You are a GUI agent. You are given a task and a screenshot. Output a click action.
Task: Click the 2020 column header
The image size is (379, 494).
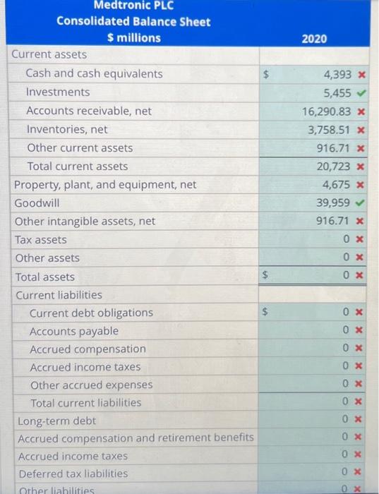[314, 38]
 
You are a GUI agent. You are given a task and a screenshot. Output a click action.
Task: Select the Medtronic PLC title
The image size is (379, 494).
[133, 6]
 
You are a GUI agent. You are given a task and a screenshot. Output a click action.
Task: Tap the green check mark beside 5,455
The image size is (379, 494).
[361, 92]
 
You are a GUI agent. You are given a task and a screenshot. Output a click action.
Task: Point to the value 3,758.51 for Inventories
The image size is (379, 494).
[330, 129]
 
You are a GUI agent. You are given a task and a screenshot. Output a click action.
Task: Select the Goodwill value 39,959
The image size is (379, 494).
[335, 203]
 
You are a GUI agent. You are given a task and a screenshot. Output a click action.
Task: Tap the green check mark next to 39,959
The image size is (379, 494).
[361, 203]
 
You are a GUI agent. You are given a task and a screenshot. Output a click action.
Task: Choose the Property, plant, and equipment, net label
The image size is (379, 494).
[106, 185]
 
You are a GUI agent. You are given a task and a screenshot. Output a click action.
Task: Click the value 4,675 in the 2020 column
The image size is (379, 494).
[338, 185]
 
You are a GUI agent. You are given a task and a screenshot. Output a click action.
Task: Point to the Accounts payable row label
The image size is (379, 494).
[74, 331]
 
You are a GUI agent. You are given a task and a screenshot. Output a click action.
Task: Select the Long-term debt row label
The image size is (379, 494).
[56, 421]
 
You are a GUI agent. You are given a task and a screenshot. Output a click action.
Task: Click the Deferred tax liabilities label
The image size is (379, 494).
[73, 474]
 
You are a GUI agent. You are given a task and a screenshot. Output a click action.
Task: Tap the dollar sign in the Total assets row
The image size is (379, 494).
[266, 277]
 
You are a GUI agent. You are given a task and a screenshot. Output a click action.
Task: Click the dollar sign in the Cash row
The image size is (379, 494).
[266, 73]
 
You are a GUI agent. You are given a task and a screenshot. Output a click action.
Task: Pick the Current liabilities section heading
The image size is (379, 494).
[59, 295]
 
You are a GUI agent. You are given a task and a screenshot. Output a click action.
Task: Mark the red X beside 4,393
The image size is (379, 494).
[361, 73]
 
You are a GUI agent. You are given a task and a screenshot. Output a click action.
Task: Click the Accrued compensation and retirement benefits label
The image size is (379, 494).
[136, 438]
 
